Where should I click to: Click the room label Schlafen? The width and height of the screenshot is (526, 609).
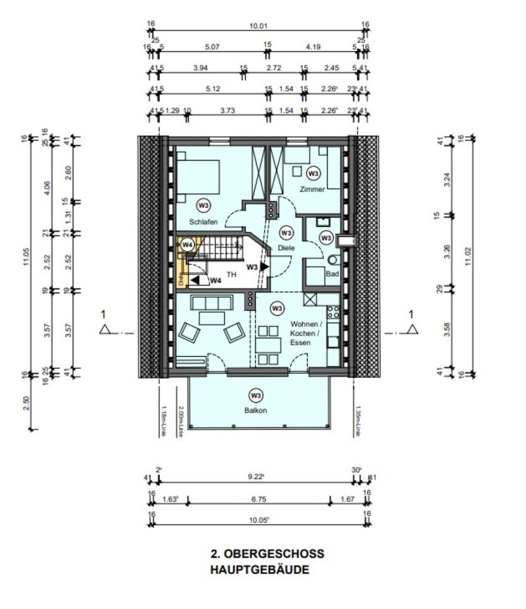coord(203,221)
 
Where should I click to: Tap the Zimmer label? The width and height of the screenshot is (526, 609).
coord(312,189)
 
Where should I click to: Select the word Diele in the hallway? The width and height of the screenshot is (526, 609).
coord(286,248)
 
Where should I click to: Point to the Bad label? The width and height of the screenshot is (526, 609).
coord(332,274)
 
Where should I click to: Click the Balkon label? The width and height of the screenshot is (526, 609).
coord(255,410)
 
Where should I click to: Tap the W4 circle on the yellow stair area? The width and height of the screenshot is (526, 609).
coord(187,244)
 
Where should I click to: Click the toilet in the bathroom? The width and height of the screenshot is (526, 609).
coord(332,259)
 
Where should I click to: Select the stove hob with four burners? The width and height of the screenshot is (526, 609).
coord(333,312)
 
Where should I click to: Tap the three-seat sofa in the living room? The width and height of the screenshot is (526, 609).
coord(210,303)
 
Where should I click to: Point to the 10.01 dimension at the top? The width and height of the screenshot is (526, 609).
coord(259,26)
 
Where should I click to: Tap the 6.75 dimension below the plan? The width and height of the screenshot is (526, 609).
coord(258,499)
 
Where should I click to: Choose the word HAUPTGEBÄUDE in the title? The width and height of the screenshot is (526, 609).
coord(260,570)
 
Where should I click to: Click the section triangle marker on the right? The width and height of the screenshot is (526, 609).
coord(413,329)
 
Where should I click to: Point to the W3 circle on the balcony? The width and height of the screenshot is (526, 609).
coord(255,396)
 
